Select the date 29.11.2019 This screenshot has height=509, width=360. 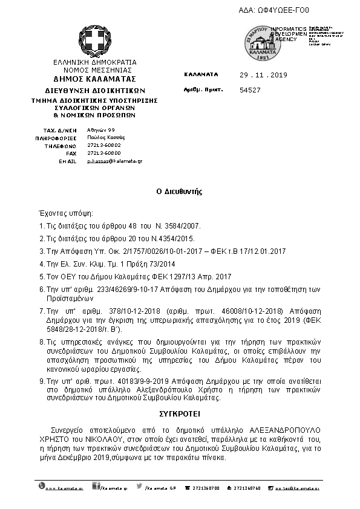[x=263, y=75]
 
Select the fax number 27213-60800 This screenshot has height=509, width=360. [x=100, y=154]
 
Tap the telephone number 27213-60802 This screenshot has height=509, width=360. [x=100, y=146]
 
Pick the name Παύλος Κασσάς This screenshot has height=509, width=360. [x=101, y=138]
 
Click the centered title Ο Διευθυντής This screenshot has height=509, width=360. [x=179, y=191]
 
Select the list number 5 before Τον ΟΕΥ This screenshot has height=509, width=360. [x=41, y=275]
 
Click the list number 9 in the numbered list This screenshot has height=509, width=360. [x=41, y=382]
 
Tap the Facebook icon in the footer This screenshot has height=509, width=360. [x=96, y=486]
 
